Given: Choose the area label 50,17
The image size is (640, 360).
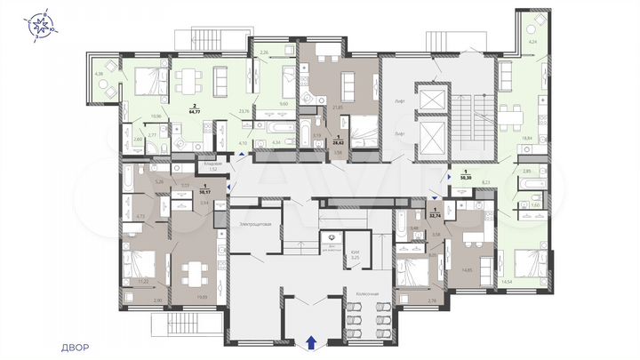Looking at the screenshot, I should pos(205,190).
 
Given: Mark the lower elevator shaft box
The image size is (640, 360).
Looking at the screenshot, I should pos(433,138).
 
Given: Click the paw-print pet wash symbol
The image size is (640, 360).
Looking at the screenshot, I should pos(331,237).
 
